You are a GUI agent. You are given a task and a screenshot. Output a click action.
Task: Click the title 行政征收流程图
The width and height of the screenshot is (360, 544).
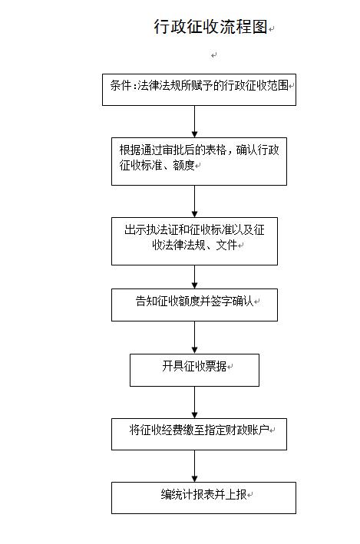[x=211, y=27]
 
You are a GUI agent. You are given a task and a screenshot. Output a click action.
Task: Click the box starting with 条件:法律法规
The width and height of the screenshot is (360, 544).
[x=199, y=90]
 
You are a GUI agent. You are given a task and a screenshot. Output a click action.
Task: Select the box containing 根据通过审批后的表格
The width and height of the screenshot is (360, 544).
[x=199, y=161]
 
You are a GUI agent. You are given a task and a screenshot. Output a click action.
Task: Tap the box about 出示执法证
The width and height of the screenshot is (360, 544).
[x=194, y=241]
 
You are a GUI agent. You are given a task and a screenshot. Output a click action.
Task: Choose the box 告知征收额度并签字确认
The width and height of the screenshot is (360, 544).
[x=194, y=305]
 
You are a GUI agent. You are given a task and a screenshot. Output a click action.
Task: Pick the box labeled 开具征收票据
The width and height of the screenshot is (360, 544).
[x=194, y=370]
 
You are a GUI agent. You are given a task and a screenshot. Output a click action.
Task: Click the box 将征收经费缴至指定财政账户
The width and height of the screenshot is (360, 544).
[x=199, y=434]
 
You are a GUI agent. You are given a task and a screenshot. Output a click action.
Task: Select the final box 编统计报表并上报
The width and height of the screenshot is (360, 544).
[x=203, y=497]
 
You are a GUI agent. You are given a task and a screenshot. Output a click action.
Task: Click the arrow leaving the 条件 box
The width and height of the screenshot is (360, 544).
[x=194, y=121]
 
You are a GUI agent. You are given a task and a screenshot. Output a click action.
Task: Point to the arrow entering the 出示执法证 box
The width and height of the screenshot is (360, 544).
[x=194, y=201]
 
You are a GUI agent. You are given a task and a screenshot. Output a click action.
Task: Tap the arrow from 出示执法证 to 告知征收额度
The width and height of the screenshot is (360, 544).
[x=194, y=277]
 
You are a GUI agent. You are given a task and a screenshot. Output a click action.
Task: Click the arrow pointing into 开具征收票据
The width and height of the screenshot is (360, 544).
[x=194, y=338]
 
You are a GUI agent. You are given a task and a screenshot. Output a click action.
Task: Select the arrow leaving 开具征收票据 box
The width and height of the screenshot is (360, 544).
[x=194, y=402]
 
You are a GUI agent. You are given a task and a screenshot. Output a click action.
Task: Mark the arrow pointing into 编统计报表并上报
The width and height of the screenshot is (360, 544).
[x=194, y=466]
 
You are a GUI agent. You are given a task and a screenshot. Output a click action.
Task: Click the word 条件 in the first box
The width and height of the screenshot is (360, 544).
[x=121, y=85]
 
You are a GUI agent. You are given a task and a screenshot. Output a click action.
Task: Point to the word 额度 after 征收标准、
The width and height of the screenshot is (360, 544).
[x=183, y=165]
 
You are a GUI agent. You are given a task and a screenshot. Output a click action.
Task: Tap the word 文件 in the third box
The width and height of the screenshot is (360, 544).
[x=226, y=246]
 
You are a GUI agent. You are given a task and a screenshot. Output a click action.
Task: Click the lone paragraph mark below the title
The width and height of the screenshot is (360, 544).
[x=214, y=55]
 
